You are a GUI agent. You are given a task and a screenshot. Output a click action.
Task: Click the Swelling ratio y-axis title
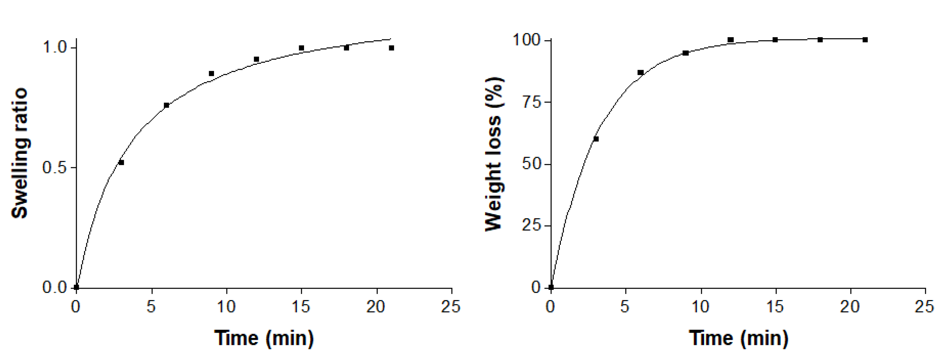19,153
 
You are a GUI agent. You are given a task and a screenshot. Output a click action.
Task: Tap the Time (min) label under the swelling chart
264,338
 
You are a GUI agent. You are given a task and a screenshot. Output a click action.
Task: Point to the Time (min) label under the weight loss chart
739,338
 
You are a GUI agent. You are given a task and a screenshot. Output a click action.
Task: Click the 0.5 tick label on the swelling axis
54,168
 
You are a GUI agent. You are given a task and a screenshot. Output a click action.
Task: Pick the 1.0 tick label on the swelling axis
54,48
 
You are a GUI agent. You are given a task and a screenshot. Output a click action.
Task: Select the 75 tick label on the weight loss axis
532,102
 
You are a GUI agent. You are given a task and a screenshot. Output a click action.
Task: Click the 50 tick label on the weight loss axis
532,164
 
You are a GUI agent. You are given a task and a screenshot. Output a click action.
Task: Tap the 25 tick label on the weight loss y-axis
532,226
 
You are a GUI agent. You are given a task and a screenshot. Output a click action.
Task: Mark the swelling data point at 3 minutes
121,162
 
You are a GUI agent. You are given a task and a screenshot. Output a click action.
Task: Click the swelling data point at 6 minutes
166,105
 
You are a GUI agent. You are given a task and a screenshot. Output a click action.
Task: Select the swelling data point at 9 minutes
211,73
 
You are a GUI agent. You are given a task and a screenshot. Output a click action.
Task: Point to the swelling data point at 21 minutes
391,48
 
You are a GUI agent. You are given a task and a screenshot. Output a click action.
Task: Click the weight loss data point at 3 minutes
596,139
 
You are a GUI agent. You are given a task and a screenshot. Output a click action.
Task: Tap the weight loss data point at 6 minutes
641,72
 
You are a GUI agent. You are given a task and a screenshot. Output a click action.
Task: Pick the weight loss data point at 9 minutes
686,53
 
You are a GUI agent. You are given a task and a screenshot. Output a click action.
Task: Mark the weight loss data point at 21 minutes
865,40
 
